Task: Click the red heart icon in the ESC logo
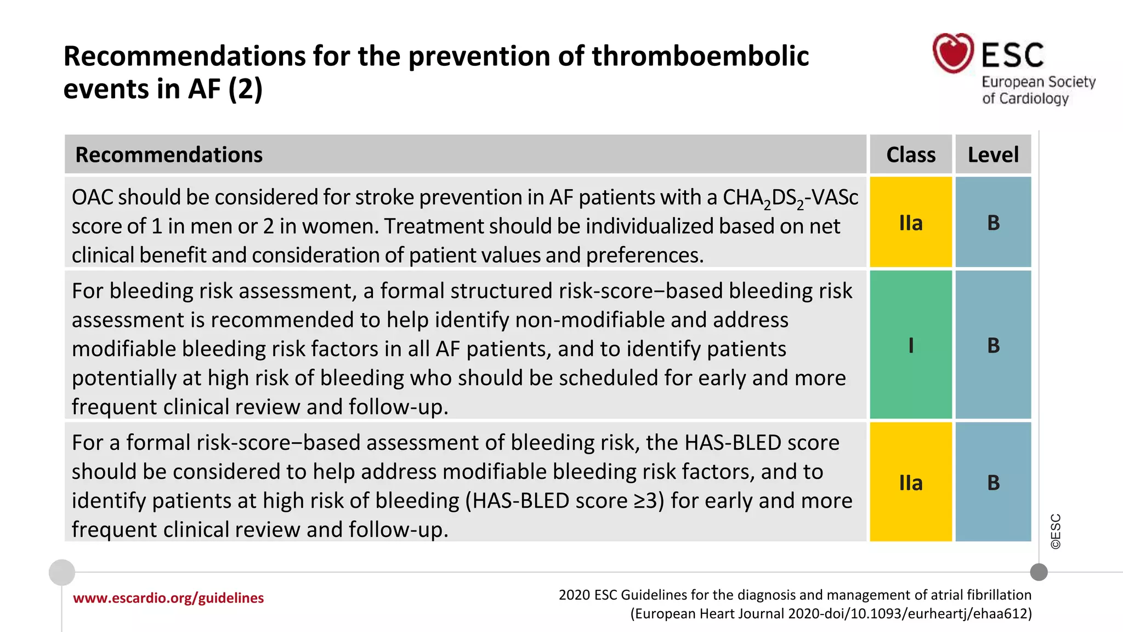click(953, 53)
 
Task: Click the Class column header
click(911, 155)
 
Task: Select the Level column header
click(993, 155)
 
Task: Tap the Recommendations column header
click(169, 155)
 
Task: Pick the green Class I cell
click(911, 345)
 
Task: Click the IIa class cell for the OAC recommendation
click(911, 223)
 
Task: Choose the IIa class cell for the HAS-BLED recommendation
click(911, 483)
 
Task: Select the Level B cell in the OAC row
click(993, 223)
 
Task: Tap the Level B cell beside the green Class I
click(993, 345)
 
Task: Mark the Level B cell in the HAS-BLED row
click(993, 483)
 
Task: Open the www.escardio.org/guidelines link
click(168, 598)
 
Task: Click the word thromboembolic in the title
click(700, 57)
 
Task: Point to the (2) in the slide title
click(245, 89)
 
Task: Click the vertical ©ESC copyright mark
click(1056, 531)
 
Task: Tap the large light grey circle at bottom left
click(62, 572)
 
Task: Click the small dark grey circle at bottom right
click(1039, 572)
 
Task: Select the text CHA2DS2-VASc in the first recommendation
click(790, 198)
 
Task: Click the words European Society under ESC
click(1038, 82)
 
